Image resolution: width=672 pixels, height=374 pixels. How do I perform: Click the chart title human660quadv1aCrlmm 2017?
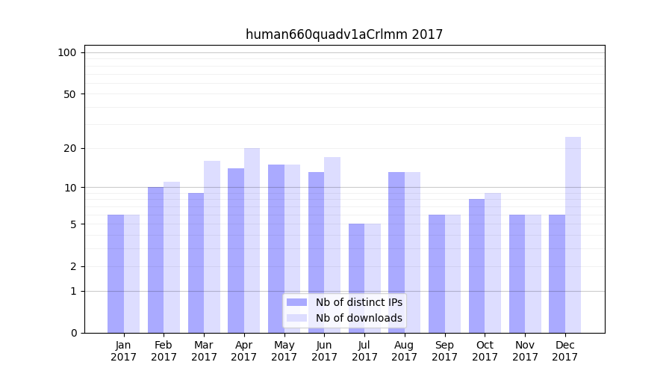(x=344, y=34)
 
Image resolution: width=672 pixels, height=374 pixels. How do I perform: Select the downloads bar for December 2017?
(x=573, y=235)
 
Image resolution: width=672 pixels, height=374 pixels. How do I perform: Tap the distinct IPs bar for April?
(x=236, y=251)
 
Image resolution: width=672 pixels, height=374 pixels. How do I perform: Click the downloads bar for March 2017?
(x=212, y=247)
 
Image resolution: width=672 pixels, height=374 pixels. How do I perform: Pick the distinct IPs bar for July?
(x=356, y=278)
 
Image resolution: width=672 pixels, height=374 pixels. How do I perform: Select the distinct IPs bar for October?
(x=476, y=266)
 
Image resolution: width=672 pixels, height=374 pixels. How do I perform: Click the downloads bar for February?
(x=172, y=257)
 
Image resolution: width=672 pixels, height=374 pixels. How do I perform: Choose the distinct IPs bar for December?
(x=557, y=274)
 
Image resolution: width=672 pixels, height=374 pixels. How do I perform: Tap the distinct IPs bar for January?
(x=116, y=274)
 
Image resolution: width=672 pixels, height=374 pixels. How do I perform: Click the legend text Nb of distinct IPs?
(x=359, y=302)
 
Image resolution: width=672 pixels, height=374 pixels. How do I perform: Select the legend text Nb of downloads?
(x=359, y=318)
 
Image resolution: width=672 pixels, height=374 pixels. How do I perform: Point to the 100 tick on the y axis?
(x=67, y=52)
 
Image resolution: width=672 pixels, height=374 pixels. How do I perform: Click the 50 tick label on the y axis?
(x=69, y=94)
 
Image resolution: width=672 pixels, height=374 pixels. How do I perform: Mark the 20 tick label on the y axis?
(x=69, y=148)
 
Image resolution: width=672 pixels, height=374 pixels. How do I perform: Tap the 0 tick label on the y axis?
(x=73, y=333)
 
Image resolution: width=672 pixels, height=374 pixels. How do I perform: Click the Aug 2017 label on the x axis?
(x=405, y=351)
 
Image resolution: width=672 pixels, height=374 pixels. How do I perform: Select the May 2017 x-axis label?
(x=284, y=351)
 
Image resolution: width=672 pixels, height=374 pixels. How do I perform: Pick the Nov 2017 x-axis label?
(x=525, y=351)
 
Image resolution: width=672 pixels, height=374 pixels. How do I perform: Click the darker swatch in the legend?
(x=296, y=302)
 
